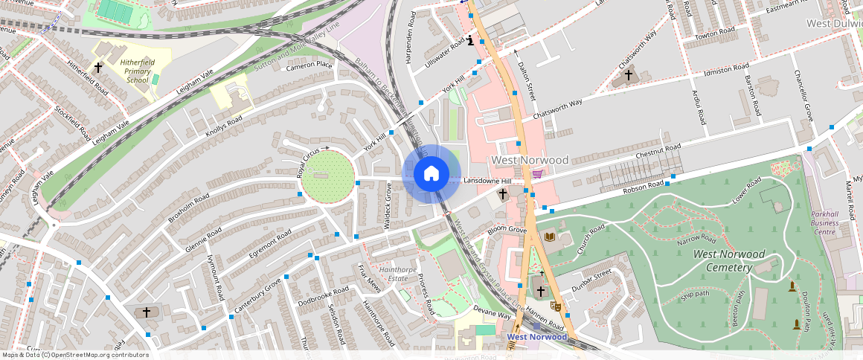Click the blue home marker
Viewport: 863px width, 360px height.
click(x=431, y=174)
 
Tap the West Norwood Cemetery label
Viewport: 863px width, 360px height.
click(x=728, y=260)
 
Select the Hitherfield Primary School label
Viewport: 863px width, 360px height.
click(x=137, y=71)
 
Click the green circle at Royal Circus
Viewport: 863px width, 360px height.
click(x=327, y=175)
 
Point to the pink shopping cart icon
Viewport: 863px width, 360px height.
click(x=537, y=173)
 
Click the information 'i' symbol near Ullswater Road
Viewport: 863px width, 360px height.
click(x=471, y=40)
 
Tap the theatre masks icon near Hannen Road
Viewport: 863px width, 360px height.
click(x=555, y=305)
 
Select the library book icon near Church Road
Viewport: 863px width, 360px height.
click(x=550, y=237)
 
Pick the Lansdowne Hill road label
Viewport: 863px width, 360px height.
click(x=487, y=181)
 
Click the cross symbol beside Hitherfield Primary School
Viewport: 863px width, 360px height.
click(x=98, y=67)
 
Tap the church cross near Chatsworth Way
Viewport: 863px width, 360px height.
click(x=628, y=75)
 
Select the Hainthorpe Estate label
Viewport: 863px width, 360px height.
click(x=389, y=274)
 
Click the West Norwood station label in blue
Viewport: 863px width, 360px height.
click(x=537, y=337)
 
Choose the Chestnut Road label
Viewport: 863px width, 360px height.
click(x=658, y=151)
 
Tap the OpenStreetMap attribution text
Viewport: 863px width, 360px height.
click(x=75, y=355)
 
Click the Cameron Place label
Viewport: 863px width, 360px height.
click(x=309, y=66)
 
